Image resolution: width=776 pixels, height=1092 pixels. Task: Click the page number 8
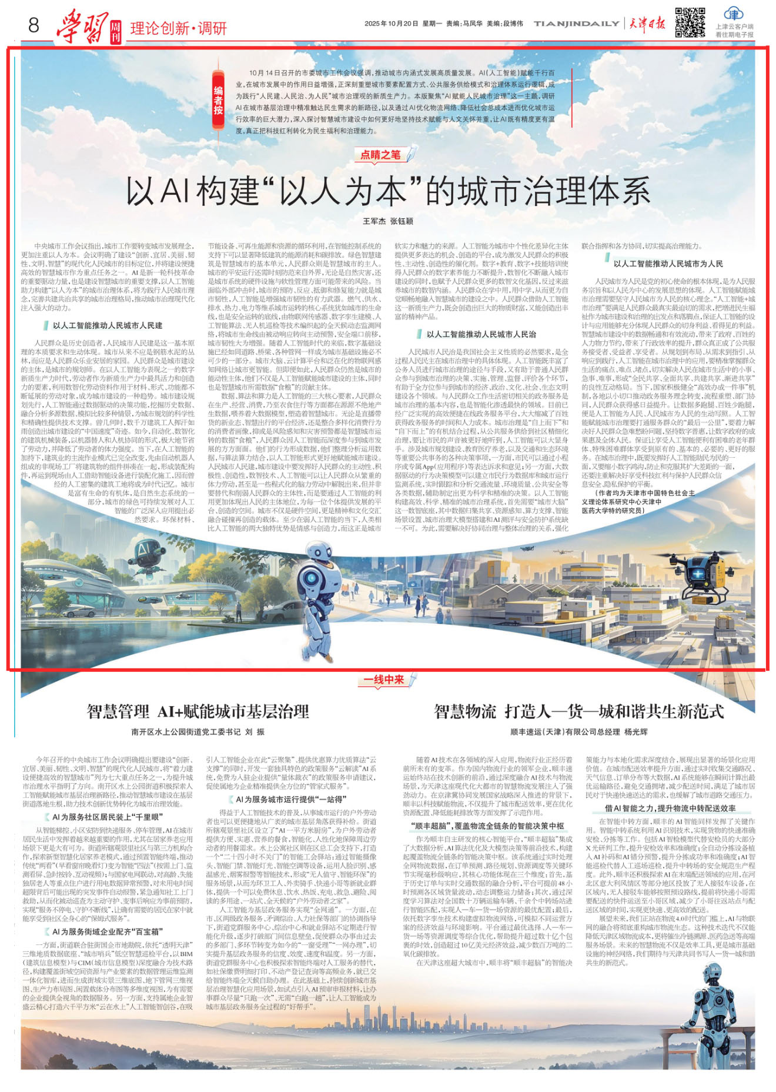pyautogui.click(x=34, y=25)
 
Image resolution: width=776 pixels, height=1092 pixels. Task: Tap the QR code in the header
pyautogui.click(x=689, y=22)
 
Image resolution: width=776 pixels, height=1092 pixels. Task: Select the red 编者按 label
pyautogui.click(x=219, y=101)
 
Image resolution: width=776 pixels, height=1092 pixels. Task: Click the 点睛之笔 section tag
pyautogui.click(x=380, y=155)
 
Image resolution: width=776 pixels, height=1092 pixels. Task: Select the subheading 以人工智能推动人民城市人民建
pyautogui.click(x=108, y=325)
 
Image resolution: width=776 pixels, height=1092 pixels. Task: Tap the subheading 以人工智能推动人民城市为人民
pyautogui.click(x=668, y=264)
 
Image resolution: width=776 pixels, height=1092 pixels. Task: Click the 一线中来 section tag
pyautogui.click(x=384, y=680)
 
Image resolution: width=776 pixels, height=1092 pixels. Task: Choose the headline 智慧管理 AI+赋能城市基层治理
pyautogui.click(x=198, y=712)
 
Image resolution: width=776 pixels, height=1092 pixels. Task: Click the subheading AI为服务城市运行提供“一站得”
pyautogui.click(x=297, y=800)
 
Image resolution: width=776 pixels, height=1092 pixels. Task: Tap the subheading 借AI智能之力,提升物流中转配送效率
pyautogui.click(x=670, y=808)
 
